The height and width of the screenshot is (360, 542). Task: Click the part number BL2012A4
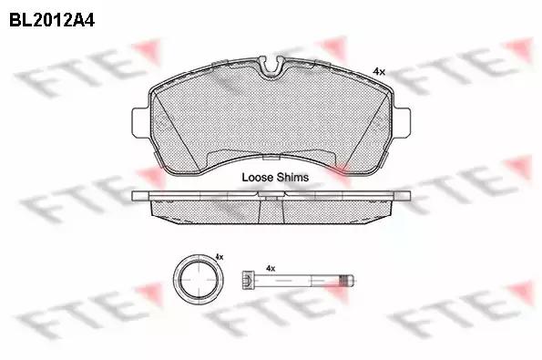click(52, 20)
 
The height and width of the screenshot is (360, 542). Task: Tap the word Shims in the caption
click(292, 178)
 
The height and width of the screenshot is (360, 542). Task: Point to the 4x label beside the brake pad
click(379, 72)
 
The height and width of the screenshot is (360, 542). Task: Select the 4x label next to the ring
click(220, 257)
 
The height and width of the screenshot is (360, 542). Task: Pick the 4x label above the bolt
click(271, 268)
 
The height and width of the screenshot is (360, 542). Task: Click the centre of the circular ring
click(198, 280)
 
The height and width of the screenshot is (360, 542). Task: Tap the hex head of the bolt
click(247, 279)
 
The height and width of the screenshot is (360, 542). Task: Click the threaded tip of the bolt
click(346, 280)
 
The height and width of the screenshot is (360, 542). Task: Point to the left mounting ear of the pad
click(140, 122)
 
